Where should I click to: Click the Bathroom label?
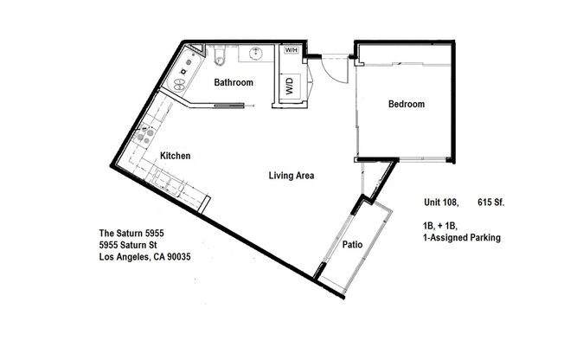234,83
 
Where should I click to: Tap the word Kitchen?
175,156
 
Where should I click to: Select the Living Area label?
291,176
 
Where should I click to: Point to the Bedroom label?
406,105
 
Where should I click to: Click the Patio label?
351,245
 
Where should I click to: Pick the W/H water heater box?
292,50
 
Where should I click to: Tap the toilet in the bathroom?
220,57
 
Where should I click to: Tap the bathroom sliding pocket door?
228,106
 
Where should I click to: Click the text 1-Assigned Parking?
462,236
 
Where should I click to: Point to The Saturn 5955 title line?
131,234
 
